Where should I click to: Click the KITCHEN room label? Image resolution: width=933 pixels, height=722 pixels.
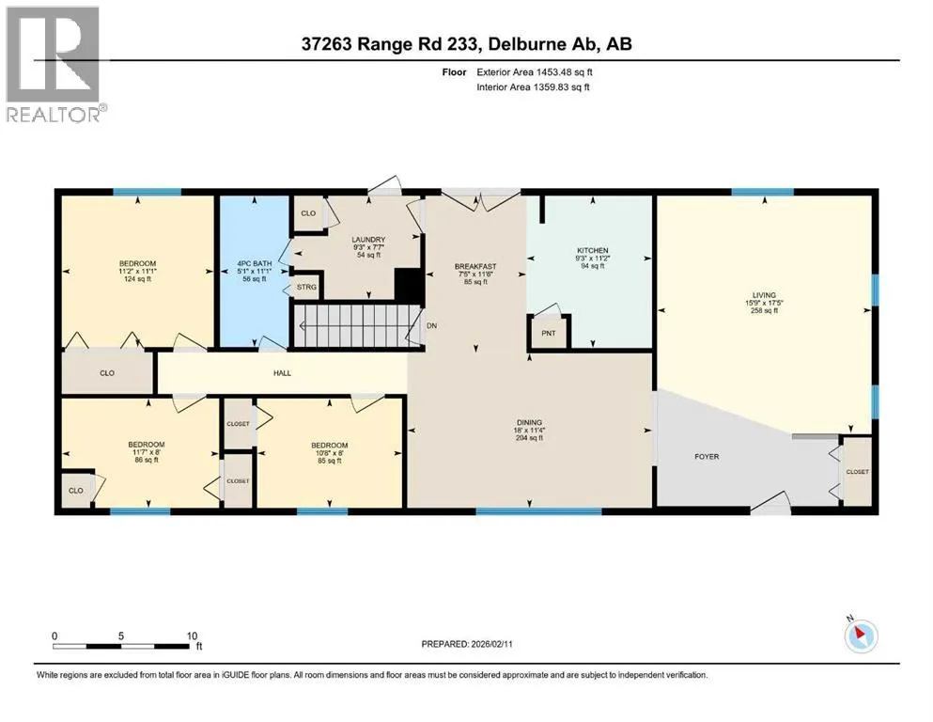click(593, 251)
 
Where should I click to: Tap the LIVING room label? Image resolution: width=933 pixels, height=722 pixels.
click(764, 294)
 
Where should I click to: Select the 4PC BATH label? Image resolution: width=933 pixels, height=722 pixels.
click(255, 263)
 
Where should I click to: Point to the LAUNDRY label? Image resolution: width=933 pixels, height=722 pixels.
click(368, 240)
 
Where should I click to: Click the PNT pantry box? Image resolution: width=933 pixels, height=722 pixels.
click(549, 333)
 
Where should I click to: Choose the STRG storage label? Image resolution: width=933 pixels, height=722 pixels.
click(306, 287)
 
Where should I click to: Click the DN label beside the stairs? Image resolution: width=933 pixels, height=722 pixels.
click(432, 325)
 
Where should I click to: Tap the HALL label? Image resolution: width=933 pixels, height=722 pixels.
click(282, 373)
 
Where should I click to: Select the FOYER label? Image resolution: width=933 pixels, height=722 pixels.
click(707, 457)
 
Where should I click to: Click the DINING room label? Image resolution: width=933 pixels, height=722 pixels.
click(530, 423)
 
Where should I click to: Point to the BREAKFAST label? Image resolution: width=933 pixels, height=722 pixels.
click(475, 267)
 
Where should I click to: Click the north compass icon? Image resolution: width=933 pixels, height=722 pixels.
click(861, 636)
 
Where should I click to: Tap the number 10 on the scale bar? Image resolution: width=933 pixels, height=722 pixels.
click(192, 636)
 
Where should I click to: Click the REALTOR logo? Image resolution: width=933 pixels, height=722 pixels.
click(55, 64)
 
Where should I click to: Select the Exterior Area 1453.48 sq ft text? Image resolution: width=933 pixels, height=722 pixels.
click(535, 72)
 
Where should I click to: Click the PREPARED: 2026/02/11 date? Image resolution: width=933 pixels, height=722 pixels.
click(467, 644)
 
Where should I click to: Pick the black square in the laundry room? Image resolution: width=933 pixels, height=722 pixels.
click(409, 285)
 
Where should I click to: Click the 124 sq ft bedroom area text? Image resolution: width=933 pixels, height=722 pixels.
click(137, 278)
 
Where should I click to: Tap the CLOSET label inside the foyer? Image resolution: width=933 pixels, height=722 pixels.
click(858, 471)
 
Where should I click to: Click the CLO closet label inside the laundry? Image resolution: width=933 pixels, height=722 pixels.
click(308, 213)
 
